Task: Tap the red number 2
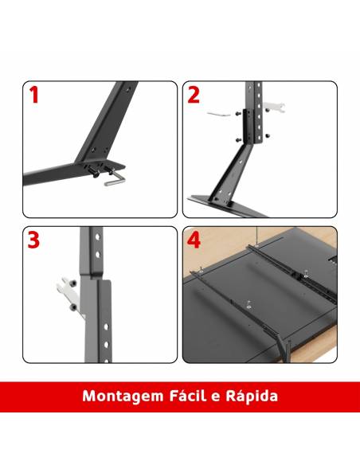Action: click(194, 95)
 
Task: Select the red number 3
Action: click(33, 240)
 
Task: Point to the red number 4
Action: click(194, 240)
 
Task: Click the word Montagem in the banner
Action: click(123, 397)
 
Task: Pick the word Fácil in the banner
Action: click(187, 396)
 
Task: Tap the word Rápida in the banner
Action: click(252, 396)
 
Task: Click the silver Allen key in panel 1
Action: click(115, 180)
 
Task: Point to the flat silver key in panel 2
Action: click(218, 114)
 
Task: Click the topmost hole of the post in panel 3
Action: click(97, 237)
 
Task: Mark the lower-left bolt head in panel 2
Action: click(238, 139)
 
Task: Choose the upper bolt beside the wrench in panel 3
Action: click(73, 283)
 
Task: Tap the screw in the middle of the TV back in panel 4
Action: click(248, 304)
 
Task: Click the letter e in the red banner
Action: click(216, 397)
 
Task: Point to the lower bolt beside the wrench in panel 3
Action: click(73, 307)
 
